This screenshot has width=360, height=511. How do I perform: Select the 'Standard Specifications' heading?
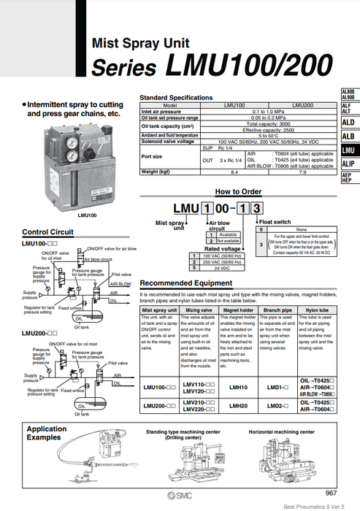177,96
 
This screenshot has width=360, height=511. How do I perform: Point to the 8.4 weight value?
234,172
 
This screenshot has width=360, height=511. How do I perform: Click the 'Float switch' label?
276,220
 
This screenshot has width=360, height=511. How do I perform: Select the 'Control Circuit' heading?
47,231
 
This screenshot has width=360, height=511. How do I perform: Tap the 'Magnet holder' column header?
239,310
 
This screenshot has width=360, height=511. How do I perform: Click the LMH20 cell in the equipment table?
239,404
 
